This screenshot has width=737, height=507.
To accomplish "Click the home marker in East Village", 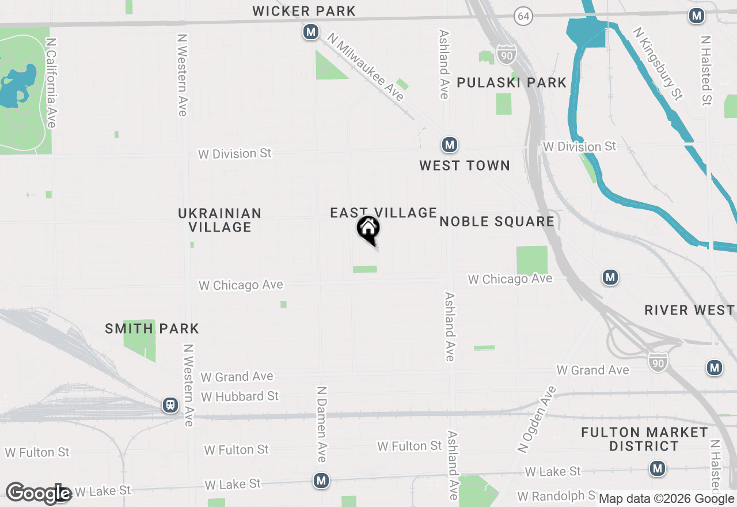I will [x=368, y=229].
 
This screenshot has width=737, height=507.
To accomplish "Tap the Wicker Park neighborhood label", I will [x=304, y=11].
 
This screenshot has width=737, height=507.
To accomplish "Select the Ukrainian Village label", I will [x=219, y=220].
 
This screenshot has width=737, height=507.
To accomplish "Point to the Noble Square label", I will [x=497, y=221].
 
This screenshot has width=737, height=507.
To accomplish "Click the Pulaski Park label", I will [x=512, y=82].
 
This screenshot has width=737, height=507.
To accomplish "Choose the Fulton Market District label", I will [x=644, y=439].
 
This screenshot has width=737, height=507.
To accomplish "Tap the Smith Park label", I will [x=152, y=329].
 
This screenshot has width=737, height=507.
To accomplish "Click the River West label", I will [x=690, y=310].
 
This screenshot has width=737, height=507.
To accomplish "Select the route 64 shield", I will [x=523, y=16].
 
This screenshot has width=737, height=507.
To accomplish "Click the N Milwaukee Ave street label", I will [x=366, y=66].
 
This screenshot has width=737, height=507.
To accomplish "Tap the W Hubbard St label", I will [x=240, y=396].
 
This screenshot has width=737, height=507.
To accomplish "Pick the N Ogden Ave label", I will [x=537, y=419].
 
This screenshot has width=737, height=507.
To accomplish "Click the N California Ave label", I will [x=52, y=84].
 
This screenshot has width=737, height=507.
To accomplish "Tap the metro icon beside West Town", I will [x=450, y=145].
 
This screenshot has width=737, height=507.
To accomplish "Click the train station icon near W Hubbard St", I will [x=170, y=405].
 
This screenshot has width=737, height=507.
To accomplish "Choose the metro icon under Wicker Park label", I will [x=311, y=32].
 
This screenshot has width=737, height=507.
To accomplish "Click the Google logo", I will [x=38, y=494].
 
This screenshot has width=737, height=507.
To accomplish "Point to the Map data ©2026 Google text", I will [x=667, y=499].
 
